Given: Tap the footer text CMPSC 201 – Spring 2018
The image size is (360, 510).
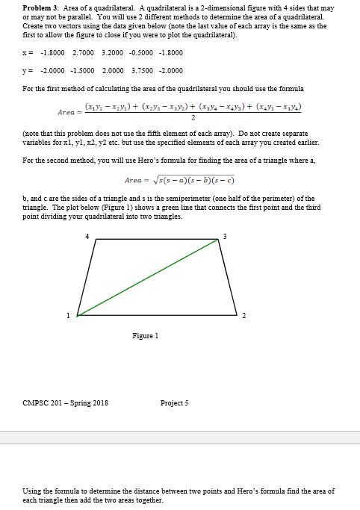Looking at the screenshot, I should [x=65, y=403].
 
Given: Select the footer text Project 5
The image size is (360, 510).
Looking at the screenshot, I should [x=175, y=403].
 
